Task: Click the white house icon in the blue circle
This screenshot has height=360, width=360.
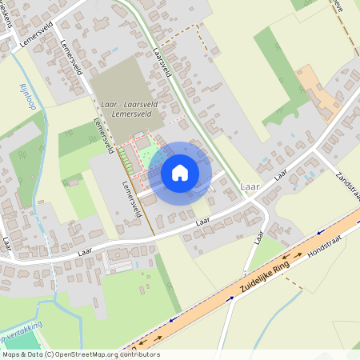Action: [x=180, y=172]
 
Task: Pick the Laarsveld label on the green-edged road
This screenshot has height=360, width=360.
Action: [x=163, y=62]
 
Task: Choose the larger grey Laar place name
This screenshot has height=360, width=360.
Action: [x=249, y=187]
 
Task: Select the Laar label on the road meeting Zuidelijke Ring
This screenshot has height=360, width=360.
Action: [x=258, y=237]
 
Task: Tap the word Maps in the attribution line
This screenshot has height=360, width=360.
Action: [x=12, y=354]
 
